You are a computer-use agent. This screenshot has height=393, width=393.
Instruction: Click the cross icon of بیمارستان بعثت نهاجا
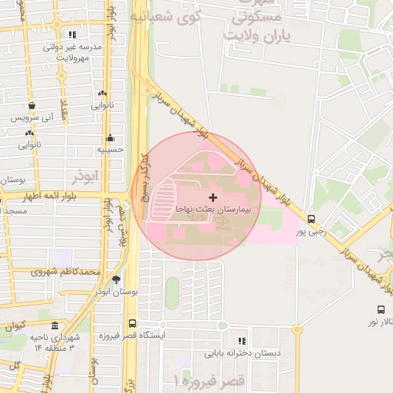click(x=213, y=198)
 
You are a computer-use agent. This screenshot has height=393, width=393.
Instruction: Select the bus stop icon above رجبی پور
click(x=310, y=218)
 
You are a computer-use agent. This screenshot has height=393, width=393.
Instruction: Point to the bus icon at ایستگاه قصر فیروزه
click(x=133, y=324)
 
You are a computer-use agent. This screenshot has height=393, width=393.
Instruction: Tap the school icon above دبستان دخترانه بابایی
click(x=242, y=342)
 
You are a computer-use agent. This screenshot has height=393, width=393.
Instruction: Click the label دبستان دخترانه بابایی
click(x=241, y=354)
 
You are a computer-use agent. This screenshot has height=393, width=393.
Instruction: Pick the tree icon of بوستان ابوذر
click(x=116, y=280)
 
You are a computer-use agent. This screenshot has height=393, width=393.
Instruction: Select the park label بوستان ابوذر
click(x=116, y=292)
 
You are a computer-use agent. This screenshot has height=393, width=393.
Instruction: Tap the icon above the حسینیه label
click(x=111, y=138)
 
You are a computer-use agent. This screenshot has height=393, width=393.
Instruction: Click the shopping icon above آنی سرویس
click(x=31, y=106)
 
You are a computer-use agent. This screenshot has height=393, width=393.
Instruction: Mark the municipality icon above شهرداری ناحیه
click(x=54, y=325)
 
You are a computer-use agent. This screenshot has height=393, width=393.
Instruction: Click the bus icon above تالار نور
click(x=381, y=310)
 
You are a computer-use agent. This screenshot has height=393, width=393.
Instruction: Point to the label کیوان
click(x=15, y=325)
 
